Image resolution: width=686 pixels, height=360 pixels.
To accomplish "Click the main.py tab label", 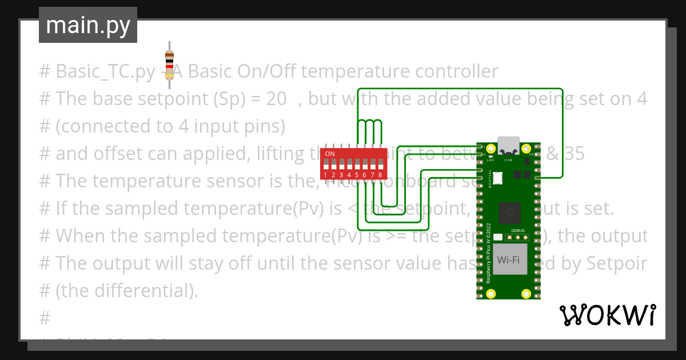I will coord(88,26).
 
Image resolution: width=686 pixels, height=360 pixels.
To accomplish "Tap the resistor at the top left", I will coord(169,63).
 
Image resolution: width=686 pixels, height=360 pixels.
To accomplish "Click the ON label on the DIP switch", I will coord(330,154).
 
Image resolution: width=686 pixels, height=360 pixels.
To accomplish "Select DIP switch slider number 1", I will coord(325,164).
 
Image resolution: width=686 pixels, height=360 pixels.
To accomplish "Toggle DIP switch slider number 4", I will coord(349,164).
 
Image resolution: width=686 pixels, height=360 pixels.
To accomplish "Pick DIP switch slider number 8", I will coord(380,164).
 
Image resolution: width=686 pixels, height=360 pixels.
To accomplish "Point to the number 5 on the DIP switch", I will coord(357,174).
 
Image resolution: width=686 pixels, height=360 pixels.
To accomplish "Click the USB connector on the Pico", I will coord(508,145).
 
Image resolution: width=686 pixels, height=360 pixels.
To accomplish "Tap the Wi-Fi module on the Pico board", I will coord(508,260).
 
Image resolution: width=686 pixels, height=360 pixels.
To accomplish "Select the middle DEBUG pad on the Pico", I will coord(517,237).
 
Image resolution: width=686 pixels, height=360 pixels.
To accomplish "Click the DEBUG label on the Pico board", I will coord(517,230).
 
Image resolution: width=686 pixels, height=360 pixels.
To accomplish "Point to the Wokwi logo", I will coord(607,315).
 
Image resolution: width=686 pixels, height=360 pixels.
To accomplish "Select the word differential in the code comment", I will coord(139,291).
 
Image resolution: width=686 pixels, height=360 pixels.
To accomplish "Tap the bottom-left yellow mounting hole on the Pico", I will coord(490,293).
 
